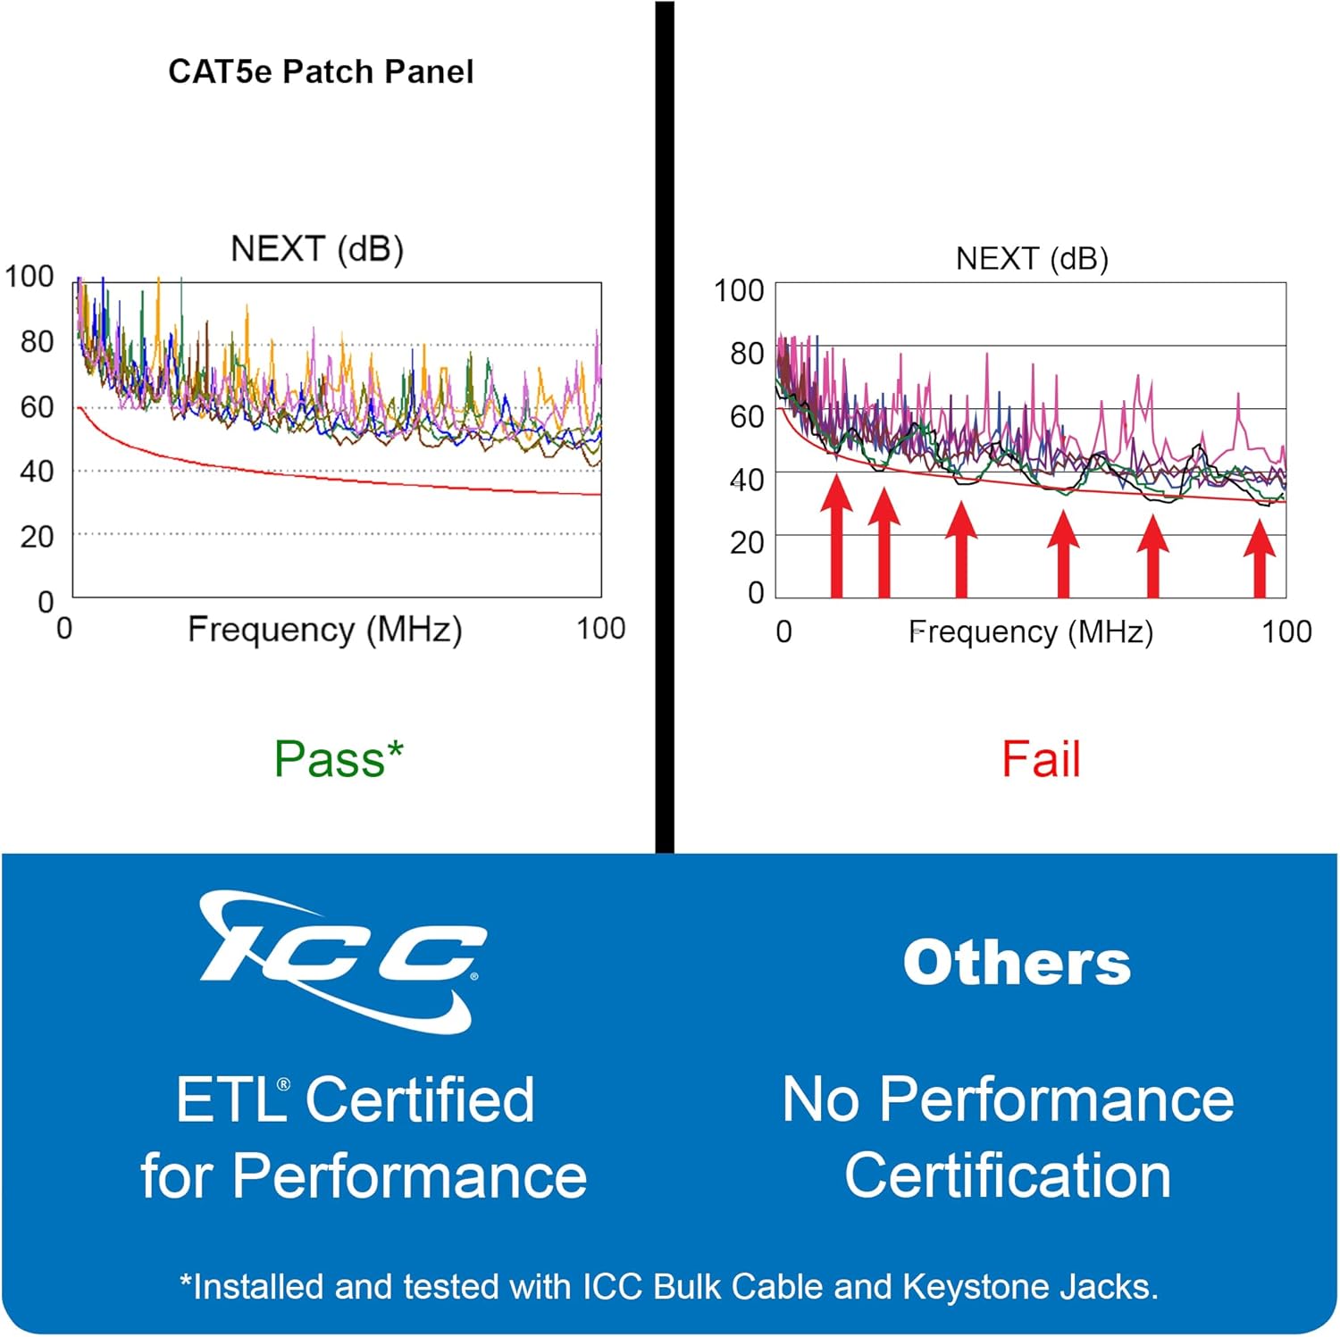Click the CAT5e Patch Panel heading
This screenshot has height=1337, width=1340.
[x=321, y=71]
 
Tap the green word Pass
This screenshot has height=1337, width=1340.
[x=330, y=759]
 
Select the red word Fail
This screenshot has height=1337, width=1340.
[x=1041, y=759]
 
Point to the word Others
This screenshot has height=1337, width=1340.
[x=1017, y=963]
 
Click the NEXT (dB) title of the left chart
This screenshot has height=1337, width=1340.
[x=317, y=248]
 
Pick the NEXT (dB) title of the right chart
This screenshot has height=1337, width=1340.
[x=1032, y=259]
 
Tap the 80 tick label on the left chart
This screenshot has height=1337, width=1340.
[x=37, y=341]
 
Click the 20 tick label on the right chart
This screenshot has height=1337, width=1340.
[x=747, y=542]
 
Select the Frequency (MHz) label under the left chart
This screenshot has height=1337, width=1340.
[x=324, y=630]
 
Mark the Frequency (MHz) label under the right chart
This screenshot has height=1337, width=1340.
[x=1031, y=632]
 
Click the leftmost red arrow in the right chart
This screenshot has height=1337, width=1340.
[x=836, y=536]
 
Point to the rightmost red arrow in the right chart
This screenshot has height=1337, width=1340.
[x=1260, y=558]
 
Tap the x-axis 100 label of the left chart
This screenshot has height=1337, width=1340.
[x=600, y=629]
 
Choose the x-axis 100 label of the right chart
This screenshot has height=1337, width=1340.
[x=1286, y=632]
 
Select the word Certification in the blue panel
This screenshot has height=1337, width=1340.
[x=1008, y=1175]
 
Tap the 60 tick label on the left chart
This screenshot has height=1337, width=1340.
[x=37, y=407]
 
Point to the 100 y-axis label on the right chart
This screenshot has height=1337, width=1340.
[x=739, y=290]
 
